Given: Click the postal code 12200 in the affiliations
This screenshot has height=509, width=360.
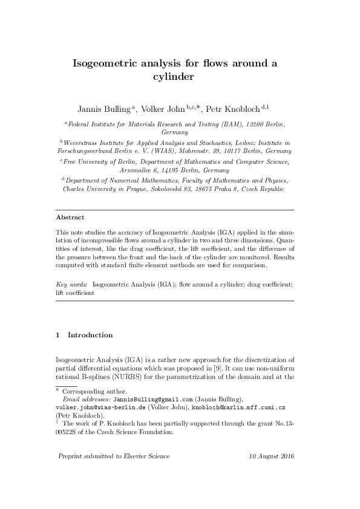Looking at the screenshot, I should pyautogui.click(x=254, y=123).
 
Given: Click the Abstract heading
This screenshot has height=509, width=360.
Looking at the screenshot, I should pyautogui.click(x=70, y=217).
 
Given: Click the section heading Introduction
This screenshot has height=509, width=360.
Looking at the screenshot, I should pyautogui.click(x=90, y=334).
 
